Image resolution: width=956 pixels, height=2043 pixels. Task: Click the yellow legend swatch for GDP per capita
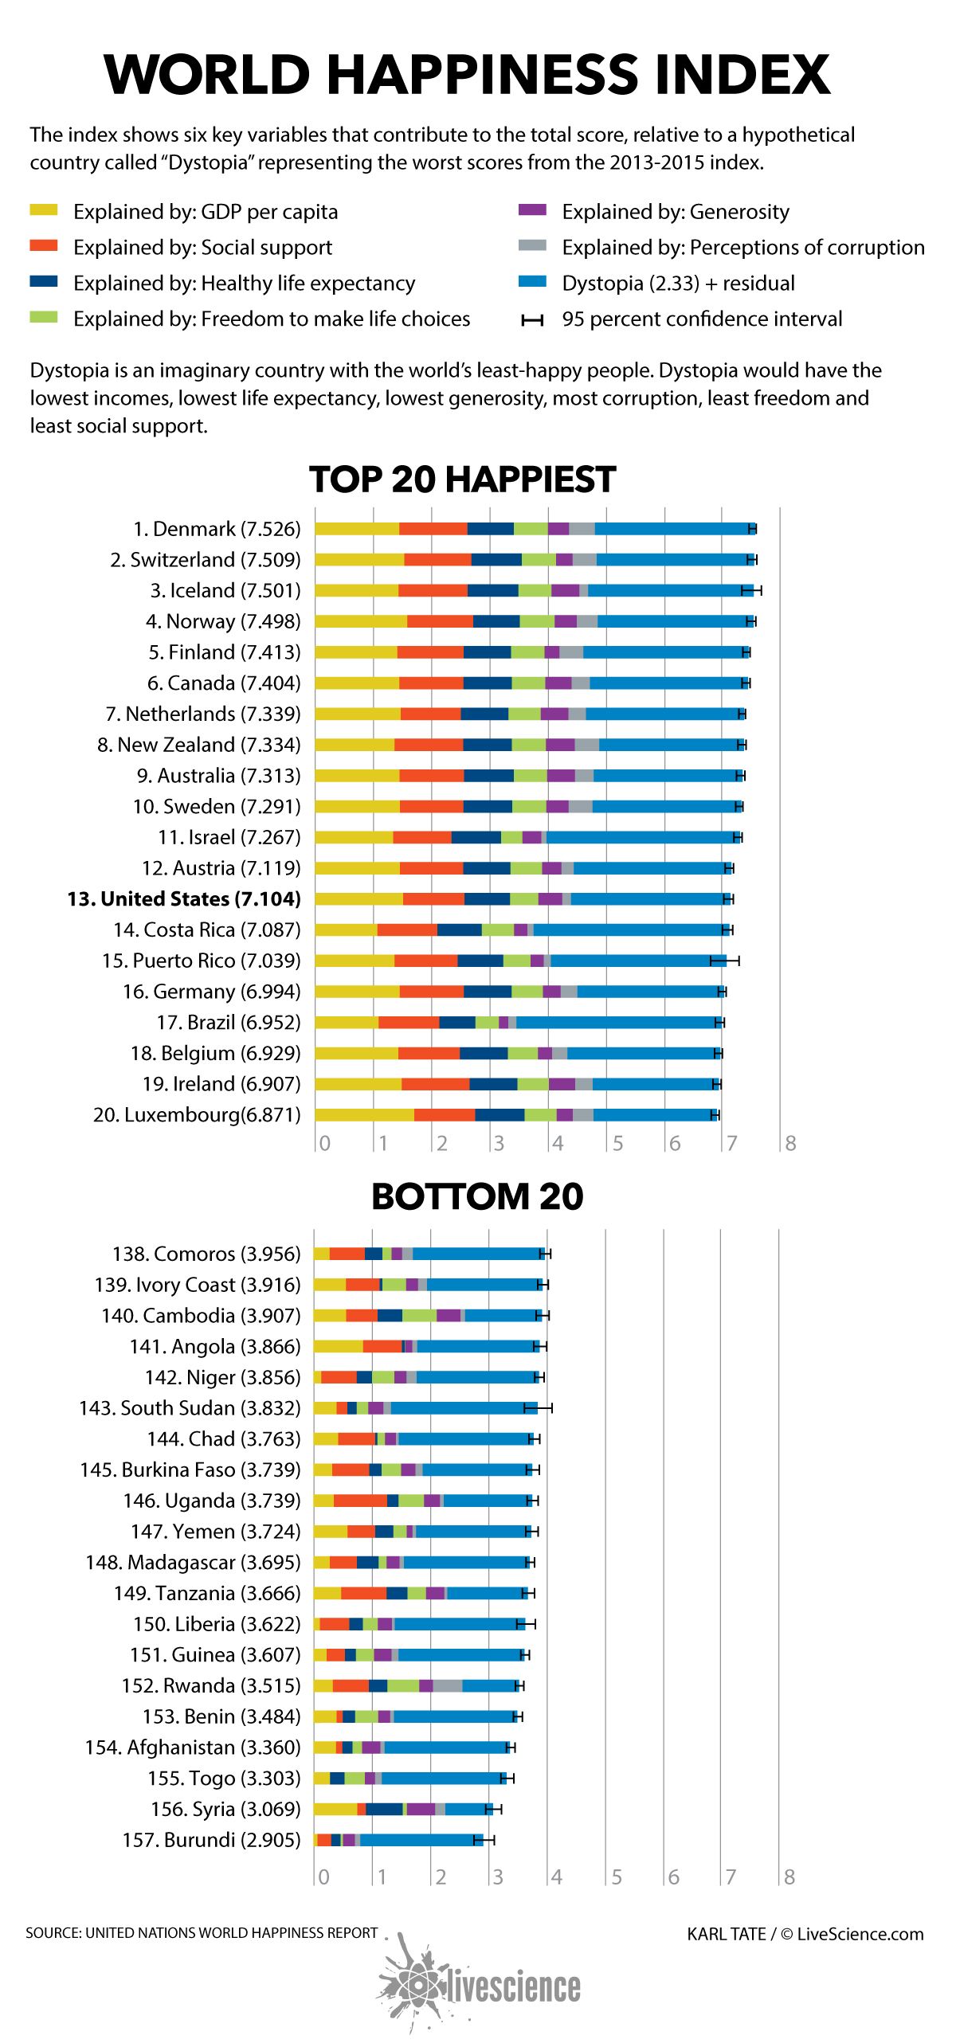click(x=44, y=210)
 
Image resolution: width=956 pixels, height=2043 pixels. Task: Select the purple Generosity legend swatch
click(x=532, y=210)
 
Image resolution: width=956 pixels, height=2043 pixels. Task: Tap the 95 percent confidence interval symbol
click(x=532, y=320)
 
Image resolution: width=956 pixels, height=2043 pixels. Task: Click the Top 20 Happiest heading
click(x=462, y=479)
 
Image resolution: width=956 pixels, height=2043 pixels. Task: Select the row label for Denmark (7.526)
click(x=217, y=529)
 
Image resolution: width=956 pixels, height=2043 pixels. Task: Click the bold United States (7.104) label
click(x=184, y=898)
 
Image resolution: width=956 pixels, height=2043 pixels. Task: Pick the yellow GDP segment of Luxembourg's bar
click(x=364, y=1114)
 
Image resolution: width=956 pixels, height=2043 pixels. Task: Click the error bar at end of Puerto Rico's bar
click(x=725, y=961)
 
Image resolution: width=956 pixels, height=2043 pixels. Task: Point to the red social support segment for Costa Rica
click(x=407, y=930)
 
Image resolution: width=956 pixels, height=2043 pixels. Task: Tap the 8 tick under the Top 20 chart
click(x=789, y=1144)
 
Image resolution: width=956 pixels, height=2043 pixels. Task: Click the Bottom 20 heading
click(x=477, y=1196)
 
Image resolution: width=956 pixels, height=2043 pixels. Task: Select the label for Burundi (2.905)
click(x=211, y=1840)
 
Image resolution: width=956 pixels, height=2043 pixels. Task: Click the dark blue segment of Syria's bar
click(x=384, y=1809)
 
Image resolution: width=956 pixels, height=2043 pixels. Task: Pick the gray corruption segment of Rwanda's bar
click(x=447, y=1685)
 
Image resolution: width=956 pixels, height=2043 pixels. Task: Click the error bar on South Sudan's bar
click(x=538, y=1408)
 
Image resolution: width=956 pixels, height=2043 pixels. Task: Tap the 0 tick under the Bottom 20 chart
click(x=323, y=1877)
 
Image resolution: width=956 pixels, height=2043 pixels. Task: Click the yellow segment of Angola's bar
click(x=338, y=1346)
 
